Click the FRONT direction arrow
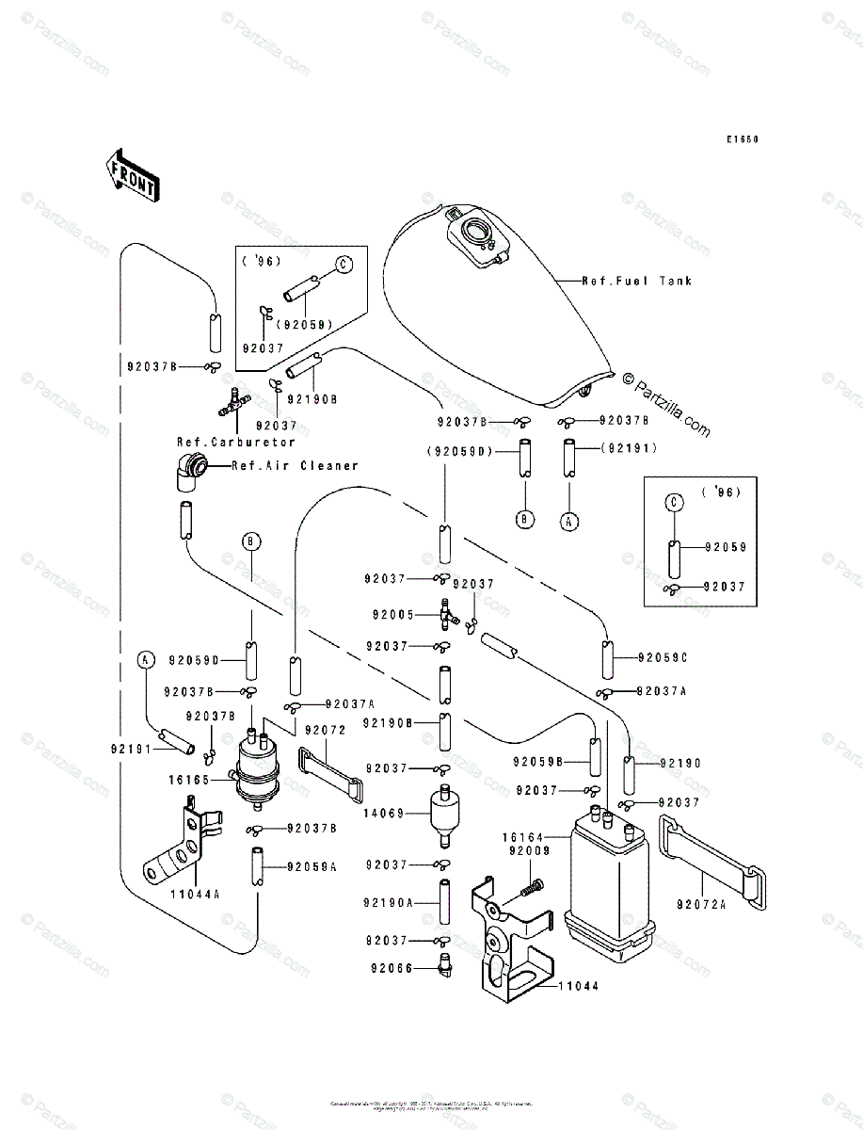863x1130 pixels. point(131,175)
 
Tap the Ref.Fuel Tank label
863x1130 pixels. point(635,281)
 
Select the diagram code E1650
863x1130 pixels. point(742,139)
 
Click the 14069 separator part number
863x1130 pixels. point(390,812)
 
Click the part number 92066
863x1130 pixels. point(390,965)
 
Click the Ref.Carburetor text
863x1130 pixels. point(235,442)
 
